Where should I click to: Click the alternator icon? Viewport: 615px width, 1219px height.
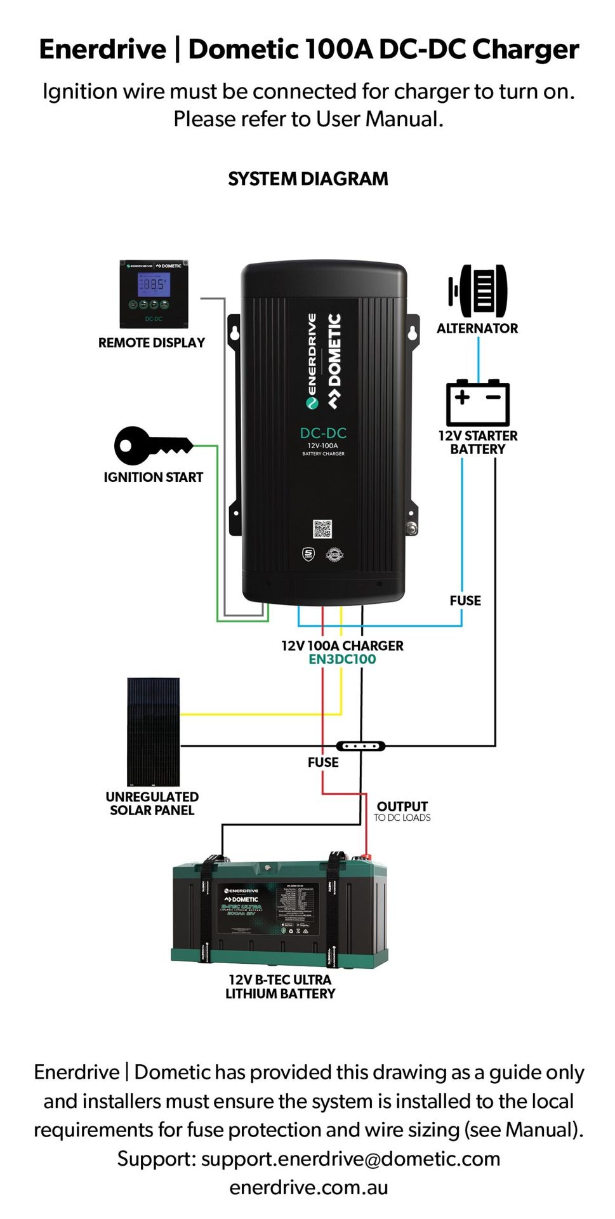pyautogui.click(x=478, y=291)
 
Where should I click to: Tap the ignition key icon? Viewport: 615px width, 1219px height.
pyautogui.click(x=152, y=445)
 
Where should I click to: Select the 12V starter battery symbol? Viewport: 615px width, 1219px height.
pyautogui.click(x=478, y=403)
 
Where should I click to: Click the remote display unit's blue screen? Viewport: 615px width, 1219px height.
pyautogui.click(x=154, y=285)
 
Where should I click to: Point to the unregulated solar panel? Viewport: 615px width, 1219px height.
pyautogui.click(x=153, y=731)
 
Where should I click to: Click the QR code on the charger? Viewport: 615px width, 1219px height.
pyautogui.click(x=322, y=529)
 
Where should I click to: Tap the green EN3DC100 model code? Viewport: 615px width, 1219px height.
pyautogui.click(x=342, y=660)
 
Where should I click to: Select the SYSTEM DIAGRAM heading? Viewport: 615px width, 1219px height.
pyautogui.click(x=308, y=179)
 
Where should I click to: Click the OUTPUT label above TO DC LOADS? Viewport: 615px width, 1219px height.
pyautogui.click(x=402, y=806)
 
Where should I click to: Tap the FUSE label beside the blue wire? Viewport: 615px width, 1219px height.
pyautogui.click(x=465, y=601)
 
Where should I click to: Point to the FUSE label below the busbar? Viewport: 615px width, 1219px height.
pyautogui.click(x=323, y=763)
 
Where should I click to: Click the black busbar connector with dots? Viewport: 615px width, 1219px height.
pyautogui.click(x=360, y=746)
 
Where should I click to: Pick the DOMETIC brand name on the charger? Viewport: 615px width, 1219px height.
pyautogui.click(x=334, y=359)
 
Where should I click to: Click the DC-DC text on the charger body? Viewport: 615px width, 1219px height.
pyautogui.click(x=323, y=433)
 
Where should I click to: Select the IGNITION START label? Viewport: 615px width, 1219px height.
pyautogui.click(x=153, y=477)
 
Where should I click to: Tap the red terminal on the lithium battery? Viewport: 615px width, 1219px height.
pyautogui.click(x=366, y=856)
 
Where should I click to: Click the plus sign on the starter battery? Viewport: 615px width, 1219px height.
pyautogui.click(x=462, y=397)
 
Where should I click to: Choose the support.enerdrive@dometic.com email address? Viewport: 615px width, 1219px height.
pyautogui.click(x=350, y=1159)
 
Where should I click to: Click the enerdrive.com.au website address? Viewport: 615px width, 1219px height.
pyautogui.click(x=308, y=1187)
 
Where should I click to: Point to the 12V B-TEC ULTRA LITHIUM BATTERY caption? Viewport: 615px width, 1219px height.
pyautogui.click(x=280, y=987)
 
